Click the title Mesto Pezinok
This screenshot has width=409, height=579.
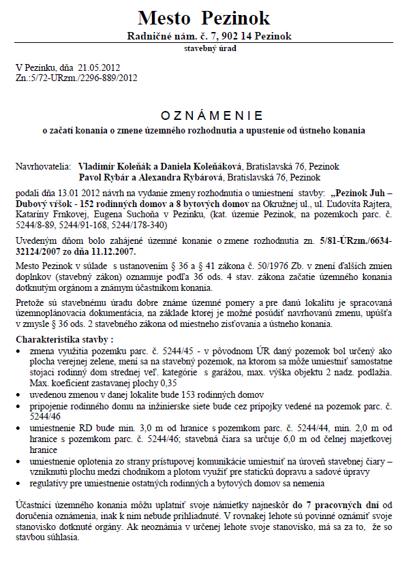[204, 18]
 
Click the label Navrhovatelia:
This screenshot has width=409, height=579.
[41, 166]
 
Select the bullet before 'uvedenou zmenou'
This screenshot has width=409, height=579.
[18, 394]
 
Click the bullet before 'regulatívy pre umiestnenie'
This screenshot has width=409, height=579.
[18, 483]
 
